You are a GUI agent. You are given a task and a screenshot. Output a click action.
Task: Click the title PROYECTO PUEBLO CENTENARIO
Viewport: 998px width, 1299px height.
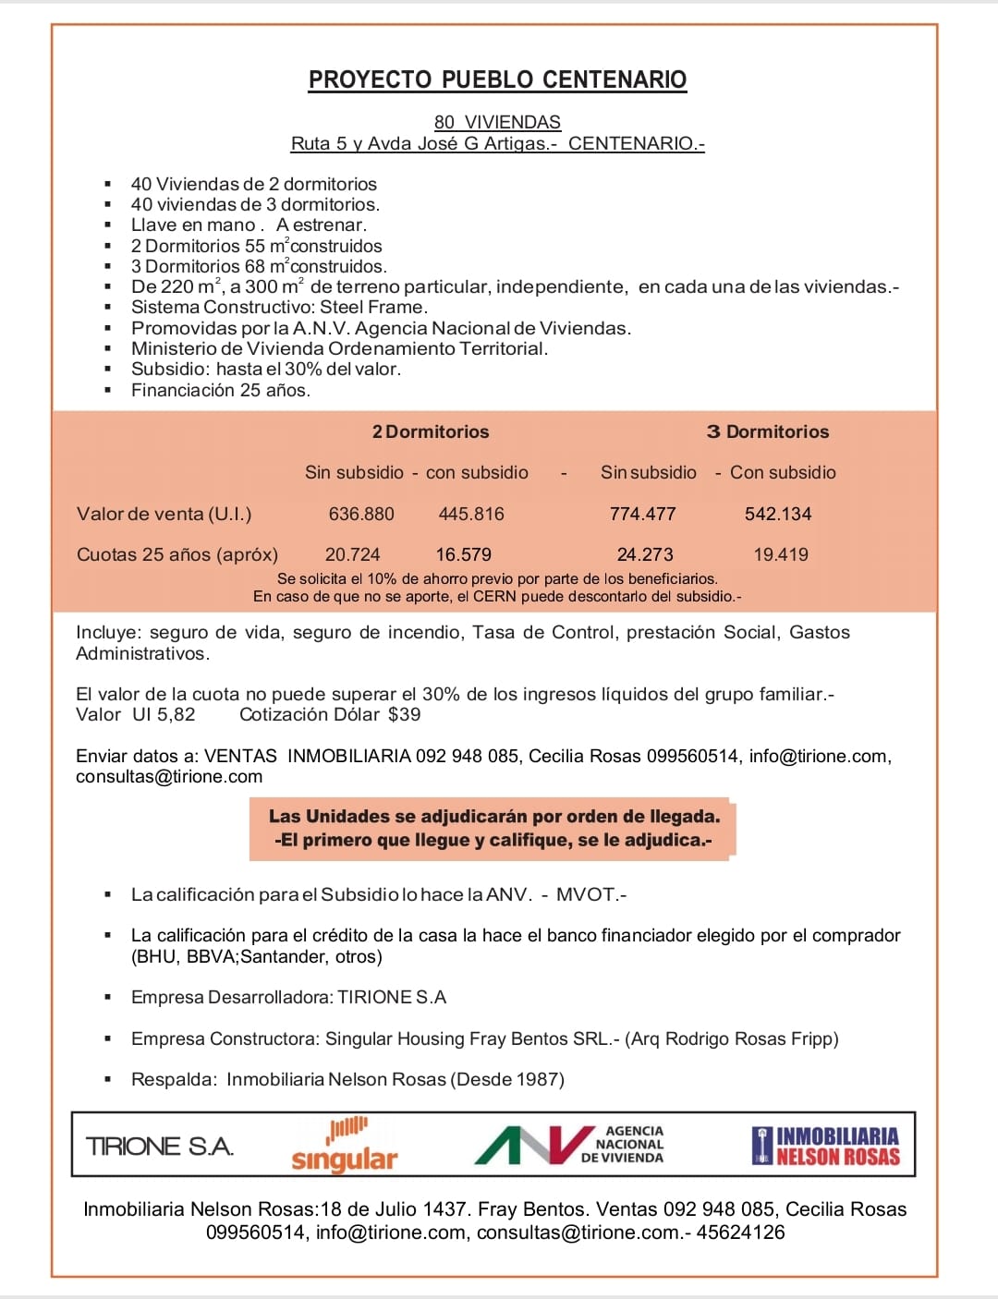497,79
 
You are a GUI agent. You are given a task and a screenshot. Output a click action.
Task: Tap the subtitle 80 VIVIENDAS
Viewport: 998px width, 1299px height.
497,122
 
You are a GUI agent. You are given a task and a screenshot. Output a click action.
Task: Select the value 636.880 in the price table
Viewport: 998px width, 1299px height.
361,514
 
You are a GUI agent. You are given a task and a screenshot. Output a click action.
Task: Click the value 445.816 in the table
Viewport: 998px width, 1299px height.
471,514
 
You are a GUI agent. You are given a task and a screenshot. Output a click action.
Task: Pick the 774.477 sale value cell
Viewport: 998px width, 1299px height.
643,514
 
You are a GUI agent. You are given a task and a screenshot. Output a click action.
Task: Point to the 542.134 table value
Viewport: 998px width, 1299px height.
778,514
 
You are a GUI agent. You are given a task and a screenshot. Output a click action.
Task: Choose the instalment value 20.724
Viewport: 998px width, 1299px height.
352,554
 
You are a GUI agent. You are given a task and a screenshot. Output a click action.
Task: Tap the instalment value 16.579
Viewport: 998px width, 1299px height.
464,554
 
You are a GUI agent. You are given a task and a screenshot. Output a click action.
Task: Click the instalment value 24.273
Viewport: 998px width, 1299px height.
645,554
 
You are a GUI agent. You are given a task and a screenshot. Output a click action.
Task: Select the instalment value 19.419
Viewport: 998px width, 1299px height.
781,554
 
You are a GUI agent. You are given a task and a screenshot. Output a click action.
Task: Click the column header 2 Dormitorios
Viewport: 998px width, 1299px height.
431,431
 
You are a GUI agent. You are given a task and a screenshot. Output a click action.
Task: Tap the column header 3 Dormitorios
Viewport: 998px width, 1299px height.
768,431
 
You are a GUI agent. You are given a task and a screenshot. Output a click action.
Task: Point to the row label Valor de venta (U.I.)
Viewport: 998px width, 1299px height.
164,514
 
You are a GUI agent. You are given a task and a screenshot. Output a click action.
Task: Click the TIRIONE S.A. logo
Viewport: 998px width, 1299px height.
159,1147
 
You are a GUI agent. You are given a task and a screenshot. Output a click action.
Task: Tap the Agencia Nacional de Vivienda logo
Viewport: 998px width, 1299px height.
569,1145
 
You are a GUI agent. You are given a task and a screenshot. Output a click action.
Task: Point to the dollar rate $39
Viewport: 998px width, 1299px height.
404,714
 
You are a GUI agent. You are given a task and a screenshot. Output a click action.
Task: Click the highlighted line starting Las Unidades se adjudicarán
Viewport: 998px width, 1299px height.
494,817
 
